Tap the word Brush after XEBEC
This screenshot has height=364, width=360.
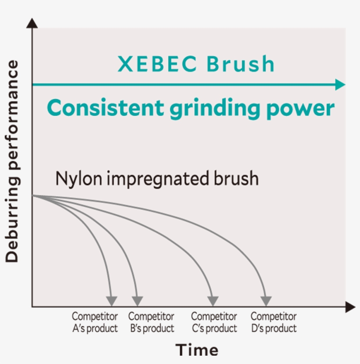point(241,65)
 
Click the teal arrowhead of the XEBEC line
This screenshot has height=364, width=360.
point(340,85)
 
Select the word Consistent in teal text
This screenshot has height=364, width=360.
point(105,108)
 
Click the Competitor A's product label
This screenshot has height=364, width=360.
point(95,322)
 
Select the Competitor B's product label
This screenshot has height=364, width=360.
point(151,322)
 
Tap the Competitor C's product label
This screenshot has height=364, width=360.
point(214,322)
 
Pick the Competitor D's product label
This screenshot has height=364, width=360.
point(274,322)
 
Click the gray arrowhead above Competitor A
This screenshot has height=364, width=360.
point(112,301)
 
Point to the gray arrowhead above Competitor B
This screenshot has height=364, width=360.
point(137,301)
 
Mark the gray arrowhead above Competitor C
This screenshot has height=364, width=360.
point(213,301)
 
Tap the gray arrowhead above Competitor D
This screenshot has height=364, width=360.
point(266,301)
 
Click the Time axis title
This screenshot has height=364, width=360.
point(197,350)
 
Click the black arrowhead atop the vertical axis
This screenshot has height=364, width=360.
point(32,23)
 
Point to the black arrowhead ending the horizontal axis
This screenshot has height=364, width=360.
point(350,307)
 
